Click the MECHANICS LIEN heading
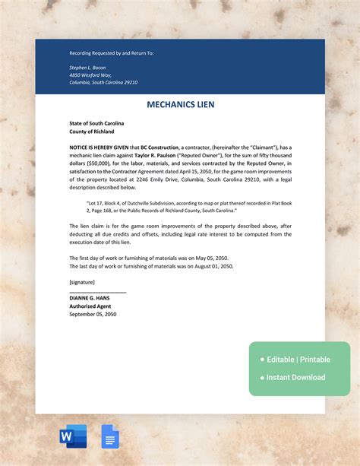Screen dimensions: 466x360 click(180, 104)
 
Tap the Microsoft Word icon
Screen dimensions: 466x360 click(73, 436)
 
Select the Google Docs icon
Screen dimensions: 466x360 click(110, 436)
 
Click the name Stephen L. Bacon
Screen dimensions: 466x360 click(87, 67)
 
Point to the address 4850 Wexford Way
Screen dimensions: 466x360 click(90, 74)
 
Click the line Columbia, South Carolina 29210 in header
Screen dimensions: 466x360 click(103, 82)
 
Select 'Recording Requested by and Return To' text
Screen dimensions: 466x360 click(111, 53)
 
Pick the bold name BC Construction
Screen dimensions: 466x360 click(159, 147)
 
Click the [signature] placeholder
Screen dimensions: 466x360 click(84, 282)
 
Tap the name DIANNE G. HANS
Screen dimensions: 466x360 click(90, 299)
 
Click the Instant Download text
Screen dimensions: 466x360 click(296, 377)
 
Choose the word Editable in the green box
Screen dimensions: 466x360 click(280, 359)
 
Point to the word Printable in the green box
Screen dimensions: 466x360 click(314, 359)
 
